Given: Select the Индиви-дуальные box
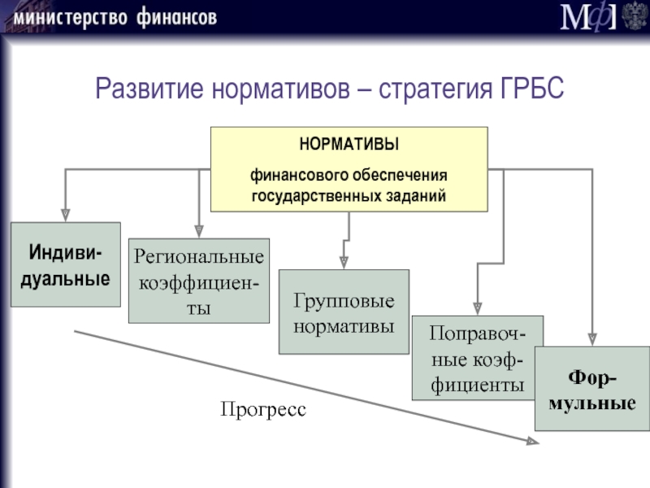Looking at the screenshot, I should pyautogui.click(x=65, y=264).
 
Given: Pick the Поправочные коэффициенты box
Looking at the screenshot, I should pyautogui.click(x=477, y=359).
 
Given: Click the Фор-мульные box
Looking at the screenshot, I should pyautogui.click(x=591, y=390).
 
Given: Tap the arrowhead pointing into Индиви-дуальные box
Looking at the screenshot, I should pyautogui.click(x=65, y=216).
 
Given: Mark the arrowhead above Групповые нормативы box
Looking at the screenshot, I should pyautogui.click(x=344, y=263).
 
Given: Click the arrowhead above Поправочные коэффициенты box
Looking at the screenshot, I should pyautogui.click(x=477, y=308).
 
